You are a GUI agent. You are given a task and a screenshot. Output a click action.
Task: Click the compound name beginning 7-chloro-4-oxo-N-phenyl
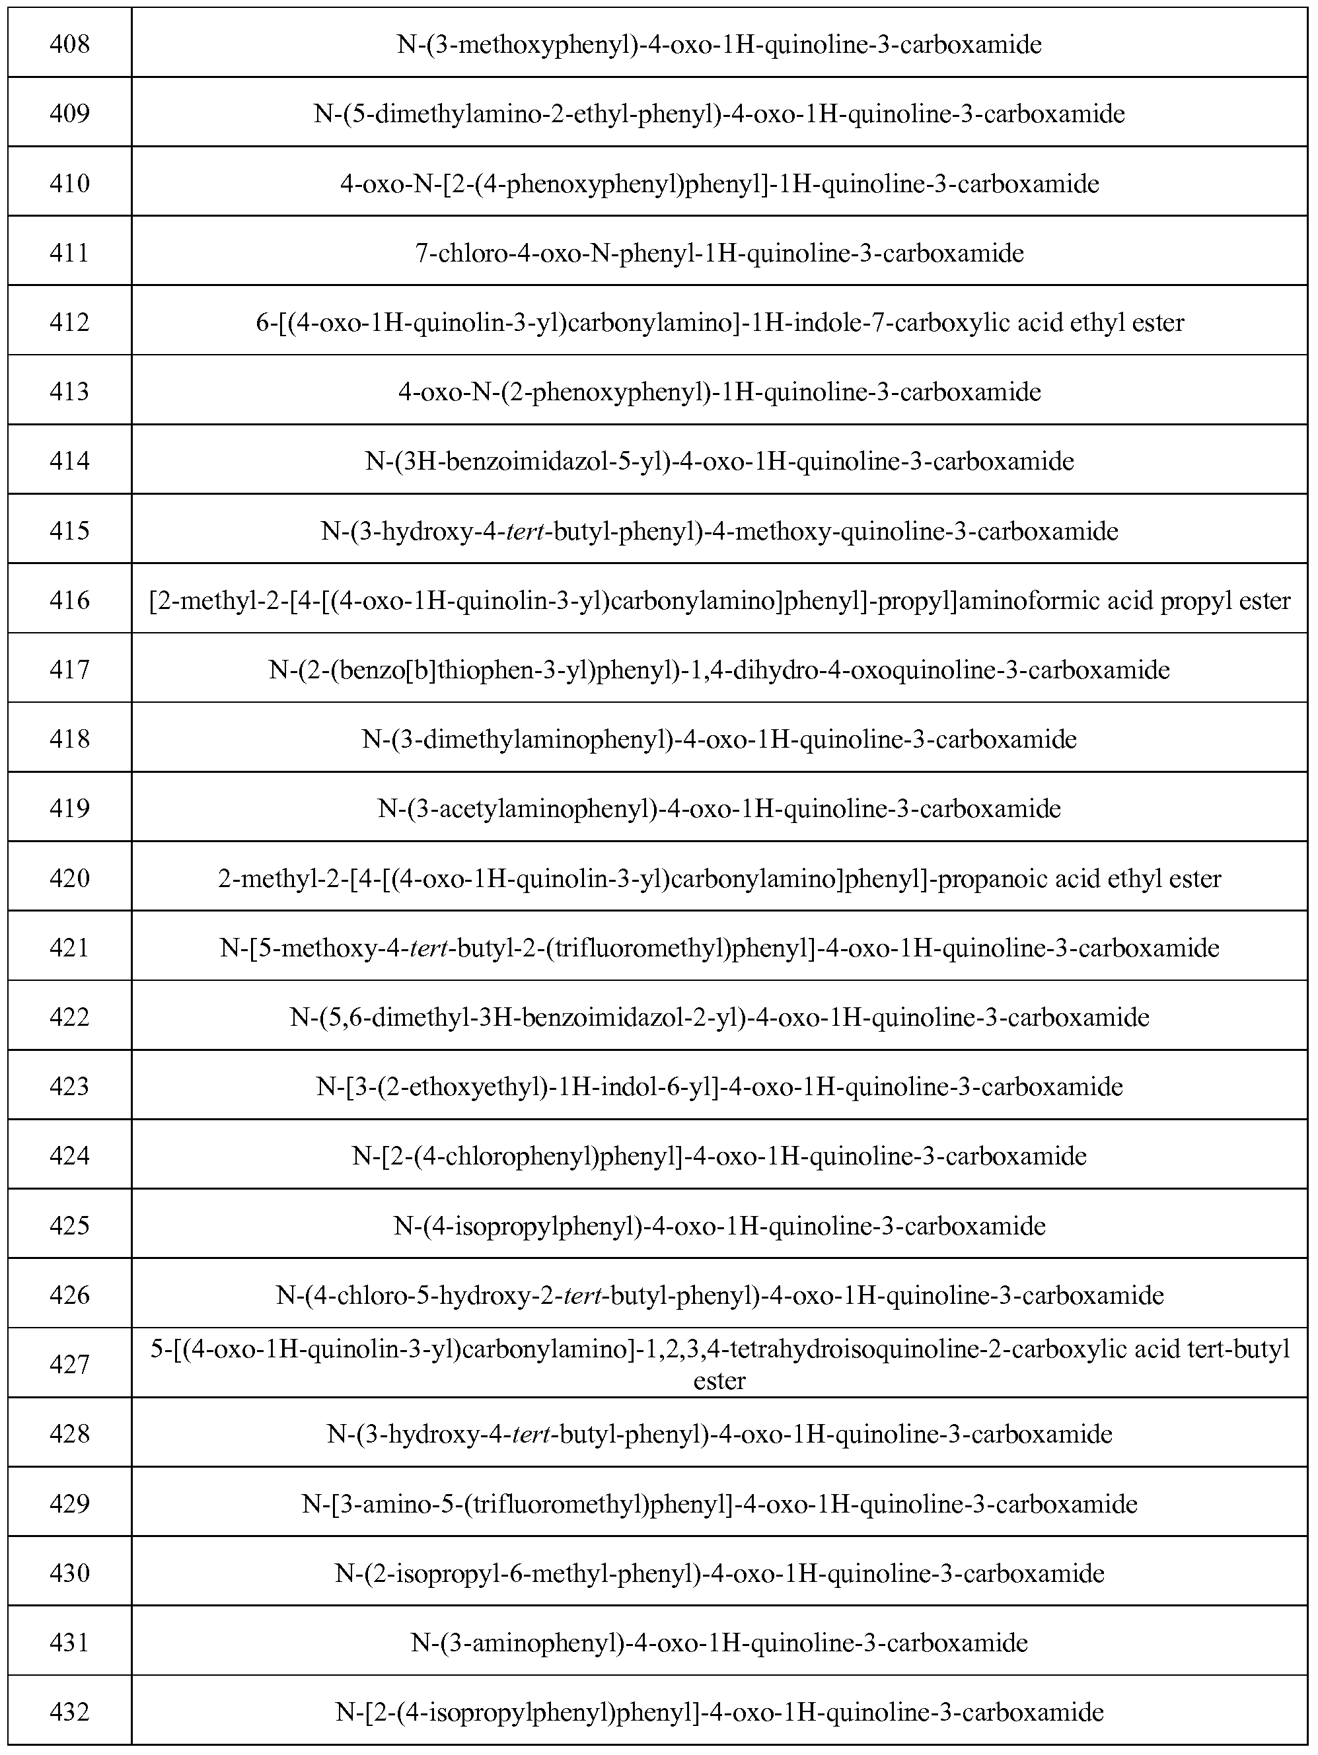[719, 253]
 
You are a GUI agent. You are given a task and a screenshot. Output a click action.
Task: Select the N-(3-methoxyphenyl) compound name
[719, 44]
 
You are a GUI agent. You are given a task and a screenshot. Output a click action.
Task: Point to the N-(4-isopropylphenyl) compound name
[719, 1227]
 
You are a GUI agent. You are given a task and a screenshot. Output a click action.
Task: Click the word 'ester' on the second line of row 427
[719, 1381]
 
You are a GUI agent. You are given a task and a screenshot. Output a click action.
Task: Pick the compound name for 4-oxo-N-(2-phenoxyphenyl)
[719, 392]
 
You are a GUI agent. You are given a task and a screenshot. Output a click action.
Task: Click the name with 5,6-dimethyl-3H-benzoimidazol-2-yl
[719, 1017]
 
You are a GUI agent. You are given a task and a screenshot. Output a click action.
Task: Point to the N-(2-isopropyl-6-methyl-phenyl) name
[719, 1573]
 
